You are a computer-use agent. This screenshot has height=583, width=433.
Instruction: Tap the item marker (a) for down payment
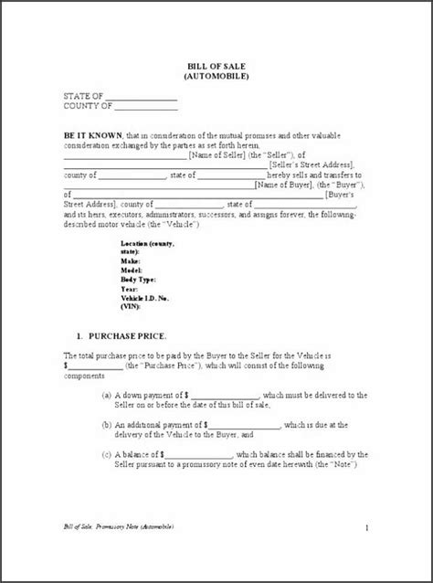pyautogui.click(x=107, y=395)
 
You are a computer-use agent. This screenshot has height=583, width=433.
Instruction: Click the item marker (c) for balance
pyautogui.click(x=107, y=453)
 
